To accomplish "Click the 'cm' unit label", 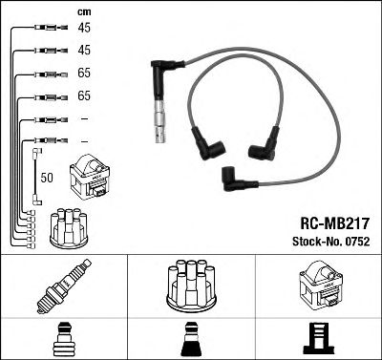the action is pos(84,12).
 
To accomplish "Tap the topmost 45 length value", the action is pos(84,28).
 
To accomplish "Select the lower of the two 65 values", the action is pos(84,95).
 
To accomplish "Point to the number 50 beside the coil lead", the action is pos(47,178).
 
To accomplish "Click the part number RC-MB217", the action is pos(335,223).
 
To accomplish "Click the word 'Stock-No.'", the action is pos(317,242).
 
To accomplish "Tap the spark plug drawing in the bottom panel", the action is pos(64,286).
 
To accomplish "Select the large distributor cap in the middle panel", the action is pos(192,286).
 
